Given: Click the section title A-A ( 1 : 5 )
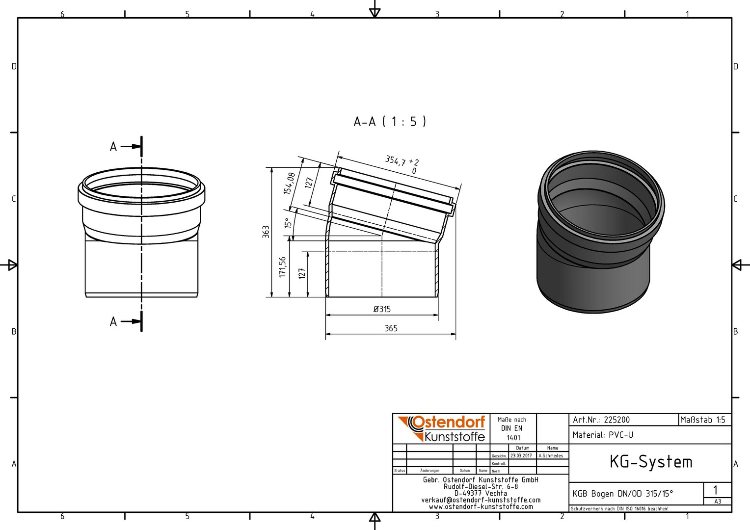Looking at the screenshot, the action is (390, 122).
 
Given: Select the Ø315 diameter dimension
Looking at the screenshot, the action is (382, 309).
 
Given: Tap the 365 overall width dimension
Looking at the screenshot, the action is (391, 328).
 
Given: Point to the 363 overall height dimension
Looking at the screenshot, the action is (266, 232).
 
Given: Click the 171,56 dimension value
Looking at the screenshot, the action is (282, 267).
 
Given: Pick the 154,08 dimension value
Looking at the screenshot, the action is (289, 183).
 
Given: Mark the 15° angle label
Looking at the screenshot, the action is (288, 223).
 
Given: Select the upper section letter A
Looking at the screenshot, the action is (113, 147).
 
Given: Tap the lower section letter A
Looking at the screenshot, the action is (113, 322).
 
